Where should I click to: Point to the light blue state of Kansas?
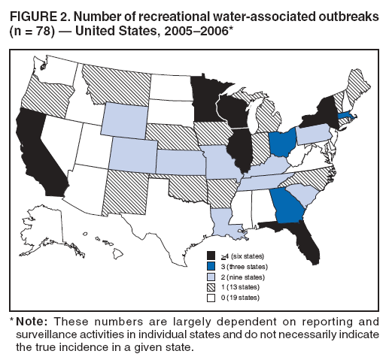178,162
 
